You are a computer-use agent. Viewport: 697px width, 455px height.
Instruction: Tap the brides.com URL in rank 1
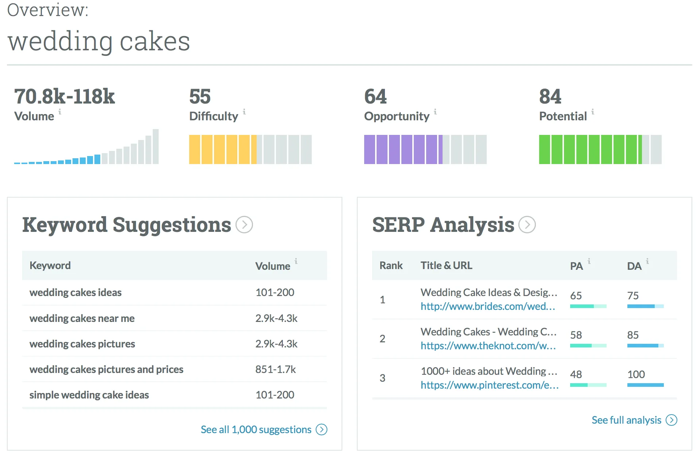coord(488,306)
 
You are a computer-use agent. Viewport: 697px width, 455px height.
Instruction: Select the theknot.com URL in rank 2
coord(488,346)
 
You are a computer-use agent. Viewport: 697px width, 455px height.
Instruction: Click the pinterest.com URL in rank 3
coord(490,385)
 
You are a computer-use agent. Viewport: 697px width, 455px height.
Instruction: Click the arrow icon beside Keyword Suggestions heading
coord(244,225)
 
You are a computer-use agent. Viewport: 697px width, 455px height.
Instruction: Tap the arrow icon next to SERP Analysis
coord(527,225)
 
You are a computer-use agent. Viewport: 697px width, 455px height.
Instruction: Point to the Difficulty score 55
coord(200,97)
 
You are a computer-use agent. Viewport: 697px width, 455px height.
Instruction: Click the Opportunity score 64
coord(375,97)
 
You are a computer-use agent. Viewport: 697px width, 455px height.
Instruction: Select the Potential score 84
coord(550,97)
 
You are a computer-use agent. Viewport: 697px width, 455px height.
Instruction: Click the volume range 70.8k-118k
coord(65,97)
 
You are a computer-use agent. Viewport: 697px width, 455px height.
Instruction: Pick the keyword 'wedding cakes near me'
coord(82,318)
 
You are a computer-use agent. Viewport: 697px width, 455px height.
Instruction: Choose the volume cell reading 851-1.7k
coord(276,369)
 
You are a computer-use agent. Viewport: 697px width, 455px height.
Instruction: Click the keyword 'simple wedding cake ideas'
coord(89,395)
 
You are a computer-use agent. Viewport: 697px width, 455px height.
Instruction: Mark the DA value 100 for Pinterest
coord(636,374)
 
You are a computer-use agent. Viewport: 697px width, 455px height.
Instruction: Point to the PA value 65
coord(576,296)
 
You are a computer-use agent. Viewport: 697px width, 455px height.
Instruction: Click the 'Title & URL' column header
coord(447,265)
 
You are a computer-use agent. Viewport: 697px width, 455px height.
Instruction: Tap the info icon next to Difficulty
coord(244,112)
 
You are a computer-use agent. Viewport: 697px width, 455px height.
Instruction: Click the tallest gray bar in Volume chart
coord(156,147)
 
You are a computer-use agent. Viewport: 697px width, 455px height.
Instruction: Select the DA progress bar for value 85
coord(646,346)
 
